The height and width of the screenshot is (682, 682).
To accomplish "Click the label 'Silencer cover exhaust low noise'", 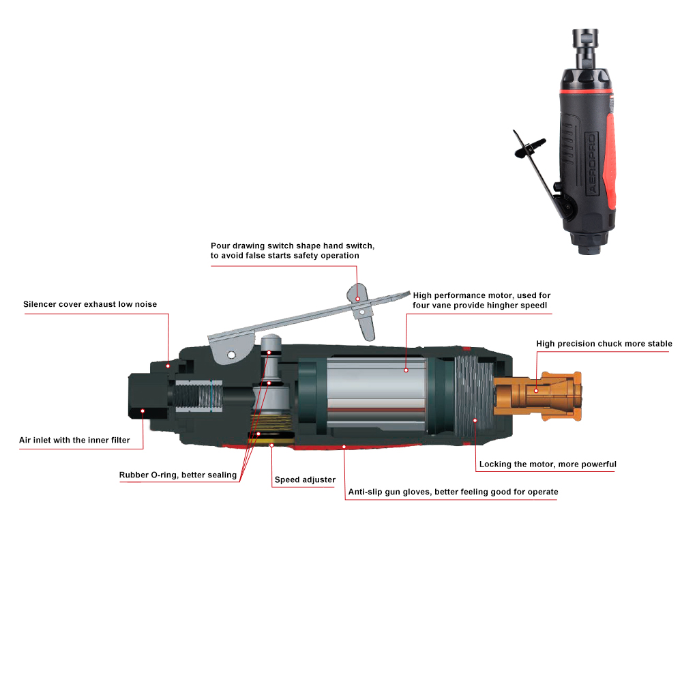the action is click(90, 304).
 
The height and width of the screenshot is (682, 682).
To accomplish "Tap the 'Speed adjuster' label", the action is click(305, 479).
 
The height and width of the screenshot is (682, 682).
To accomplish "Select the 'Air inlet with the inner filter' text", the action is click(74, 440).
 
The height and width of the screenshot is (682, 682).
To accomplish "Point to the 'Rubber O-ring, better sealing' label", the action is click(178, 475).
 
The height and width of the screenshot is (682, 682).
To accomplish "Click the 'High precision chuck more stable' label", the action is click(604, 344).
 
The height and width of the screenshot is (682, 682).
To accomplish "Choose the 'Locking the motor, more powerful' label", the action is click(548, 464).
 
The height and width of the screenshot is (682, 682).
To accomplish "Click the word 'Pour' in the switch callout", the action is click(220, 246).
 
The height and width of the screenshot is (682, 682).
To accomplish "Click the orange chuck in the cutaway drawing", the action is click(537, 396).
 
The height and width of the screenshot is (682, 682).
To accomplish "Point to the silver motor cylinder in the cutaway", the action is click(376, 394).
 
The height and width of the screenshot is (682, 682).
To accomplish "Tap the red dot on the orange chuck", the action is click(536, 391).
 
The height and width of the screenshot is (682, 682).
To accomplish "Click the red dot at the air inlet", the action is click(143, 411).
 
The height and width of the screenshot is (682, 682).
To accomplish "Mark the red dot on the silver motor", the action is click(406, 370).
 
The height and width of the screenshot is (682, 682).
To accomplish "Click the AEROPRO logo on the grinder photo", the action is click(591, 163).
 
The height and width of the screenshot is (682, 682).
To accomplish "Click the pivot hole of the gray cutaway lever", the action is click(231, 355).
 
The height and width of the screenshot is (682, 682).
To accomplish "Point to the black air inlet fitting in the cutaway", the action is click(148, 396).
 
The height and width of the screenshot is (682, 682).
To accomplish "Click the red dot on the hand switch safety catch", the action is click(357, 299).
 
